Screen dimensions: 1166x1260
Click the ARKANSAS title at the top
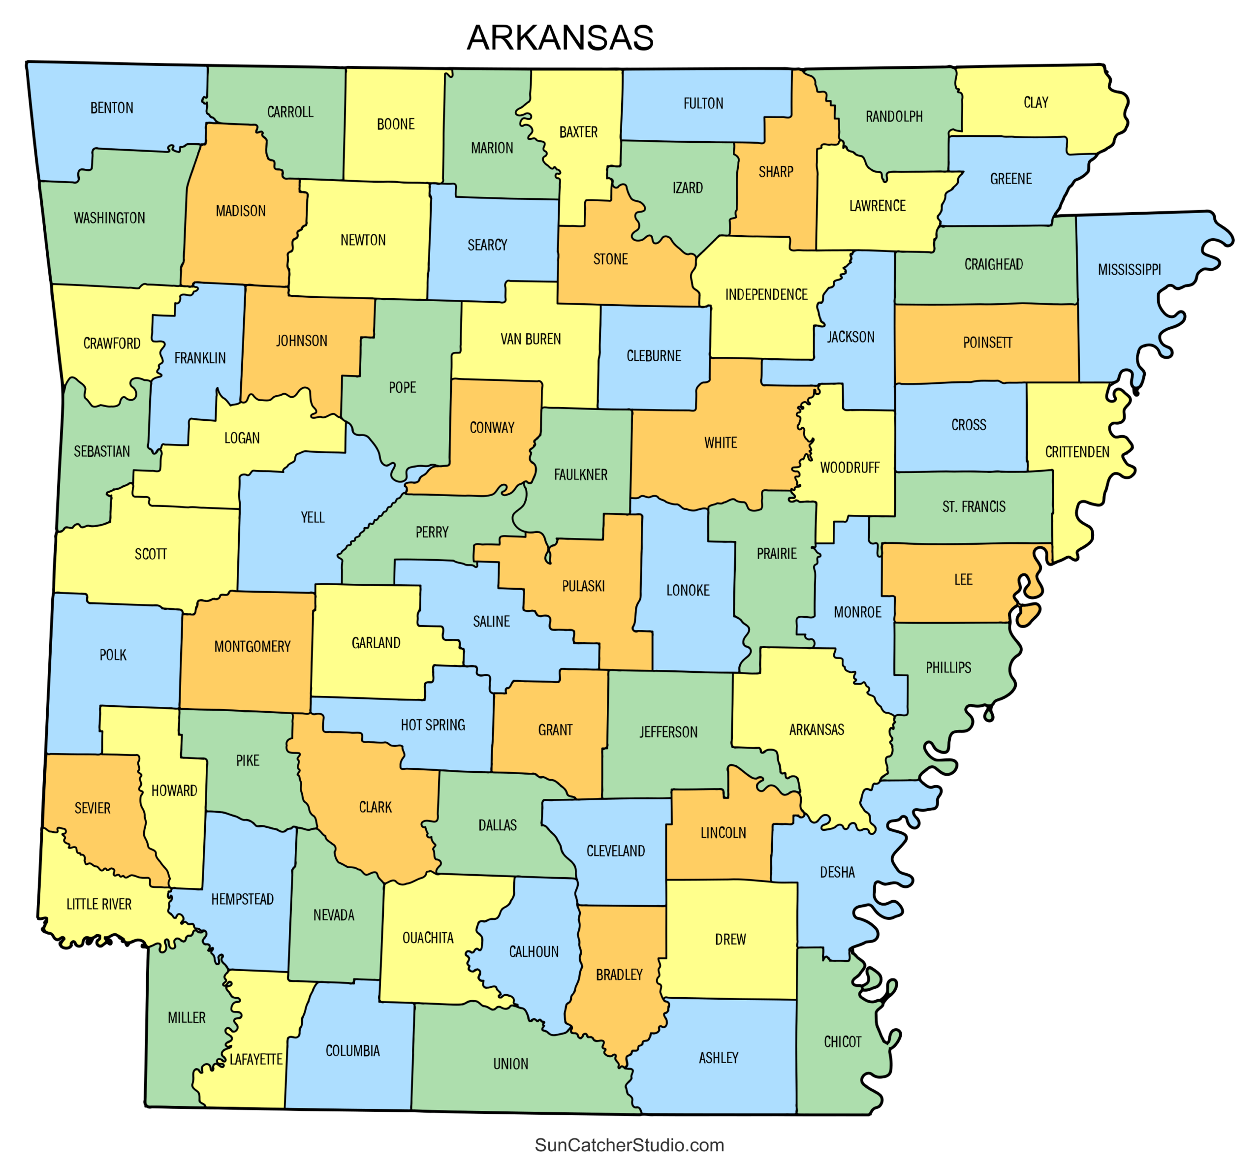click(x=560, y=38)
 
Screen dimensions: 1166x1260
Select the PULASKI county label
click(x=583, y=586)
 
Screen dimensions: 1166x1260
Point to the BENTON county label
click(x=112, y=108)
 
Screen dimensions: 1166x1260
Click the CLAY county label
click(x=1036, y=102)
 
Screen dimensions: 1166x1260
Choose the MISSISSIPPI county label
click(x=1129, y=269)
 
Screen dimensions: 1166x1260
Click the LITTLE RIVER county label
click(x=99, y=904)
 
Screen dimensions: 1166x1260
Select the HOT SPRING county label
click(x=433, y=725)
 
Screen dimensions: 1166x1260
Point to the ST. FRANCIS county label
click(x=974, y=506)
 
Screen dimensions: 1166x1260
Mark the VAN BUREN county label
click(x=531, y=339)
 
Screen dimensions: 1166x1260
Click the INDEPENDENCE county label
click(x=766, y=295)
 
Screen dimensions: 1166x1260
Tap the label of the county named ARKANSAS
click(x=817, y=729)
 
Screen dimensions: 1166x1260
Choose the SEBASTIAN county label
click(x=101, y=451)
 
